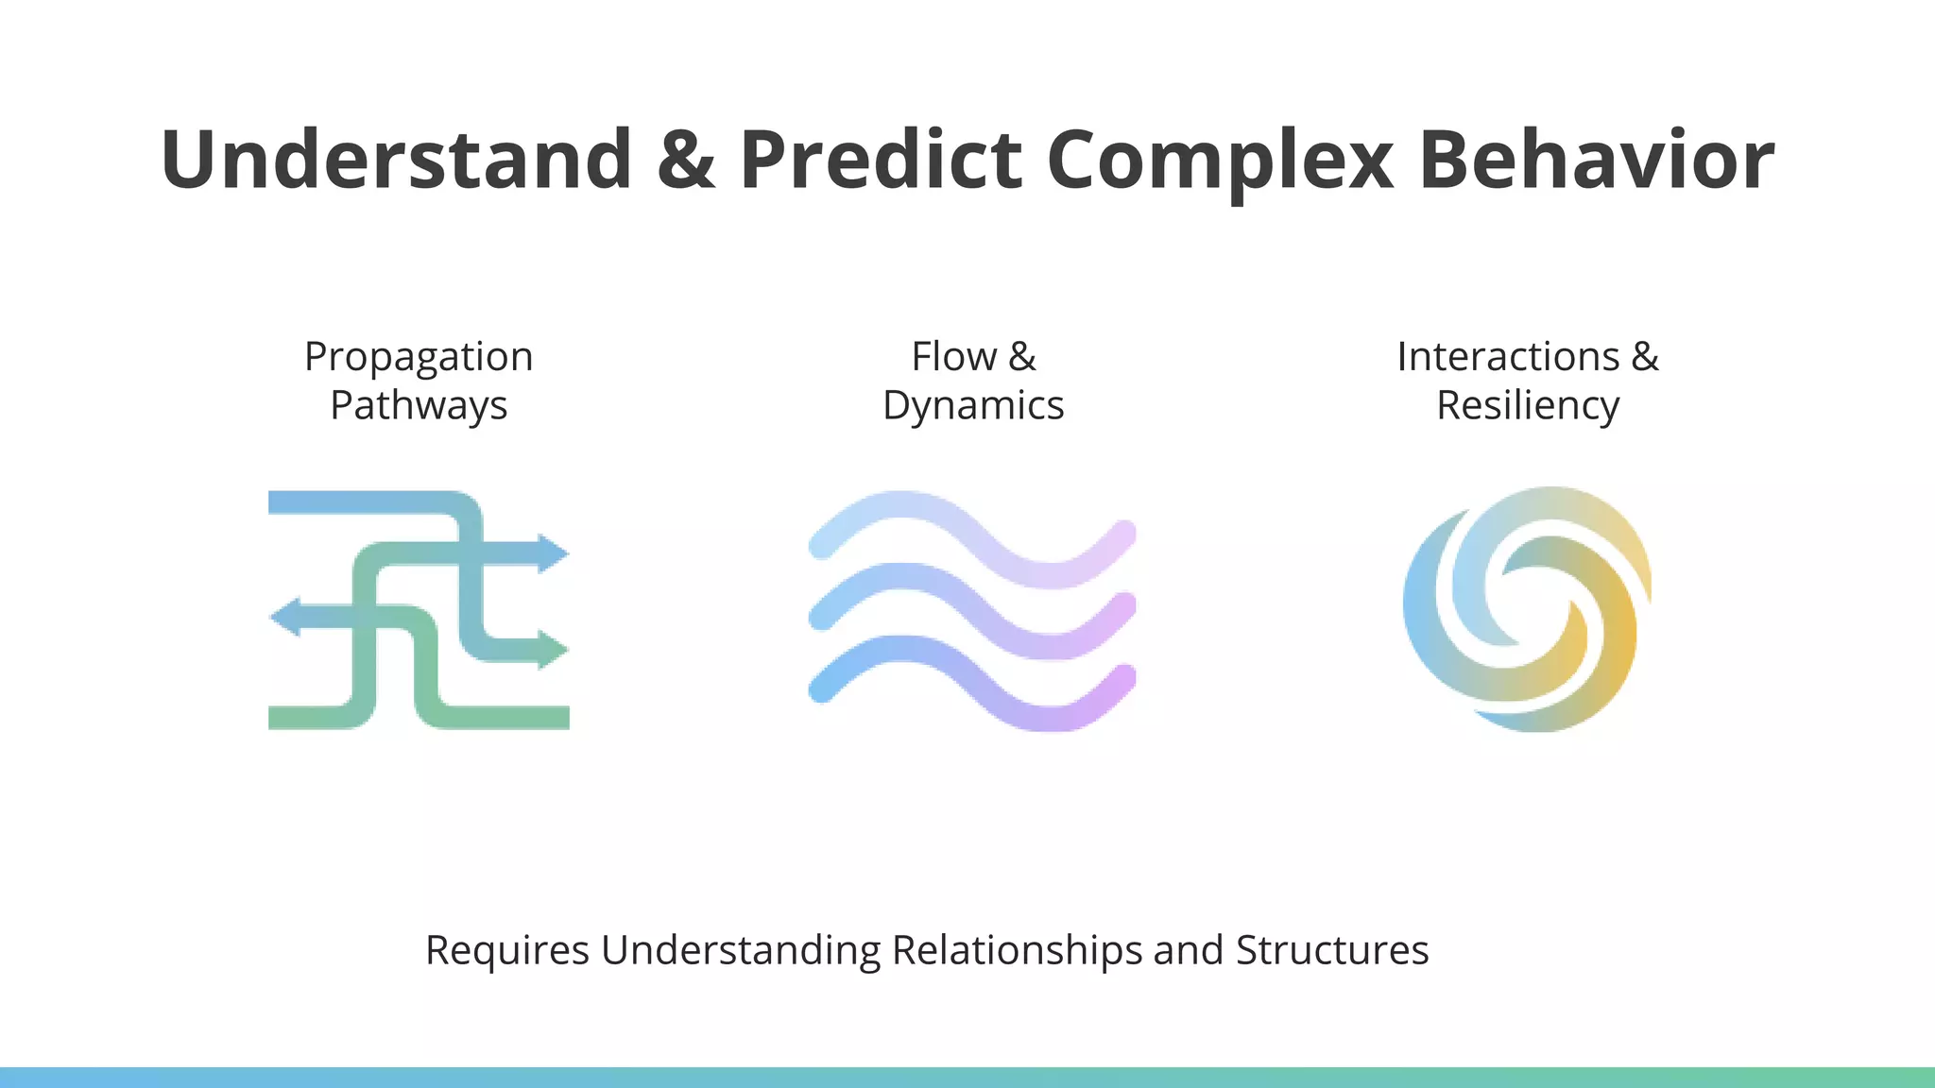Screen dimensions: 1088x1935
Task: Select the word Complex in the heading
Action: coord(1220,159)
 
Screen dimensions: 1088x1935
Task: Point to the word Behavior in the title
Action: coord(1597,159)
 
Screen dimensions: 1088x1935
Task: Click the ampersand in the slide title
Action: coord(686,159)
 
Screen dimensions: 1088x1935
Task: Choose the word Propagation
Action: coord(419,357)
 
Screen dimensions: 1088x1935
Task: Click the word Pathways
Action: coord(419,406)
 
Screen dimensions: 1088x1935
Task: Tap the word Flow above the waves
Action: coord(953,357)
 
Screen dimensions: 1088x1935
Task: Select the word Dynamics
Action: coord(973,406)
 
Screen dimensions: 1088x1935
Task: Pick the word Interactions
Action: coord(1508,357)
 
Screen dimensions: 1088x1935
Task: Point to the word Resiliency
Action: coord(1528,406)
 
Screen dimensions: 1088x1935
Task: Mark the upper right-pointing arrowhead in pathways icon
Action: coord(554,553)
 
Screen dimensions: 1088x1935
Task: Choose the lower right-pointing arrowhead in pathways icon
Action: coord(554,650)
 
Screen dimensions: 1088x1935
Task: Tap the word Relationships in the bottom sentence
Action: coord(1017,950)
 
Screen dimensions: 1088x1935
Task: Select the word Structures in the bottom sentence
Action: coord(1331,950)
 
